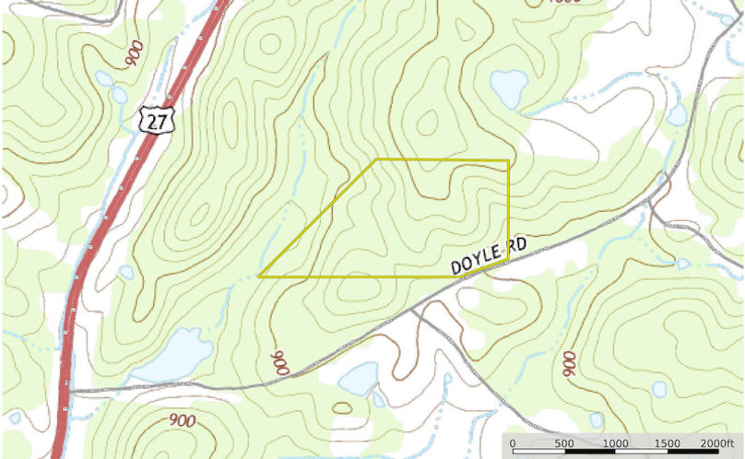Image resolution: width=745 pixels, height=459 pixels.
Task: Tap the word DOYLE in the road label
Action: pos(476,258)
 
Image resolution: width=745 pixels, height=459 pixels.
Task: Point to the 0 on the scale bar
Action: pos(513,443)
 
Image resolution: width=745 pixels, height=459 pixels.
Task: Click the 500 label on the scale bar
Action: pos(564,443)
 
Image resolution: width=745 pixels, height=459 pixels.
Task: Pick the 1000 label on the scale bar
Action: pos(616,443)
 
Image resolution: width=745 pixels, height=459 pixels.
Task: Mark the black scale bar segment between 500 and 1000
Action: pos(590,453)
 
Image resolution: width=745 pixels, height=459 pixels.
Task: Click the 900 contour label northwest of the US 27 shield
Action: pos(134,53)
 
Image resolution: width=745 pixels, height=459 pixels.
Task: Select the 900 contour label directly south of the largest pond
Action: pos(183,420)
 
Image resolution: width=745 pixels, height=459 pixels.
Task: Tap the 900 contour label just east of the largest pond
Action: pos(278,362)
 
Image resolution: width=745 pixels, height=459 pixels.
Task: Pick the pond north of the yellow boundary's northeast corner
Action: pos(508,88)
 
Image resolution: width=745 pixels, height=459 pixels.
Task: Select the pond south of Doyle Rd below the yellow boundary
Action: pos(358,377)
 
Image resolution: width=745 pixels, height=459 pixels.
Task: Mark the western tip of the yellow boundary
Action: pos(259,276)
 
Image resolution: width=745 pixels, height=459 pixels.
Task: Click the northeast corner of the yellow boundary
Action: pos(509,160)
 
